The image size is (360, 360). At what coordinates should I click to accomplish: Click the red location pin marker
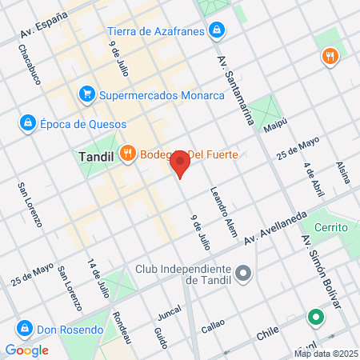point(180,163)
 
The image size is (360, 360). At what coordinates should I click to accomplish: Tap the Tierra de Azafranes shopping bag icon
point(216,32)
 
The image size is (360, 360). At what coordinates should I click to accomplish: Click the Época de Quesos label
point(73,123)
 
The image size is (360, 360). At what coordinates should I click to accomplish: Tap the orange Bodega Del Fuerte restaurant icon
point(126,154)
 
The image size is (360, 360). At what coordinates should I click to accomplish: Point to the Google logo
point(26,350)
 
